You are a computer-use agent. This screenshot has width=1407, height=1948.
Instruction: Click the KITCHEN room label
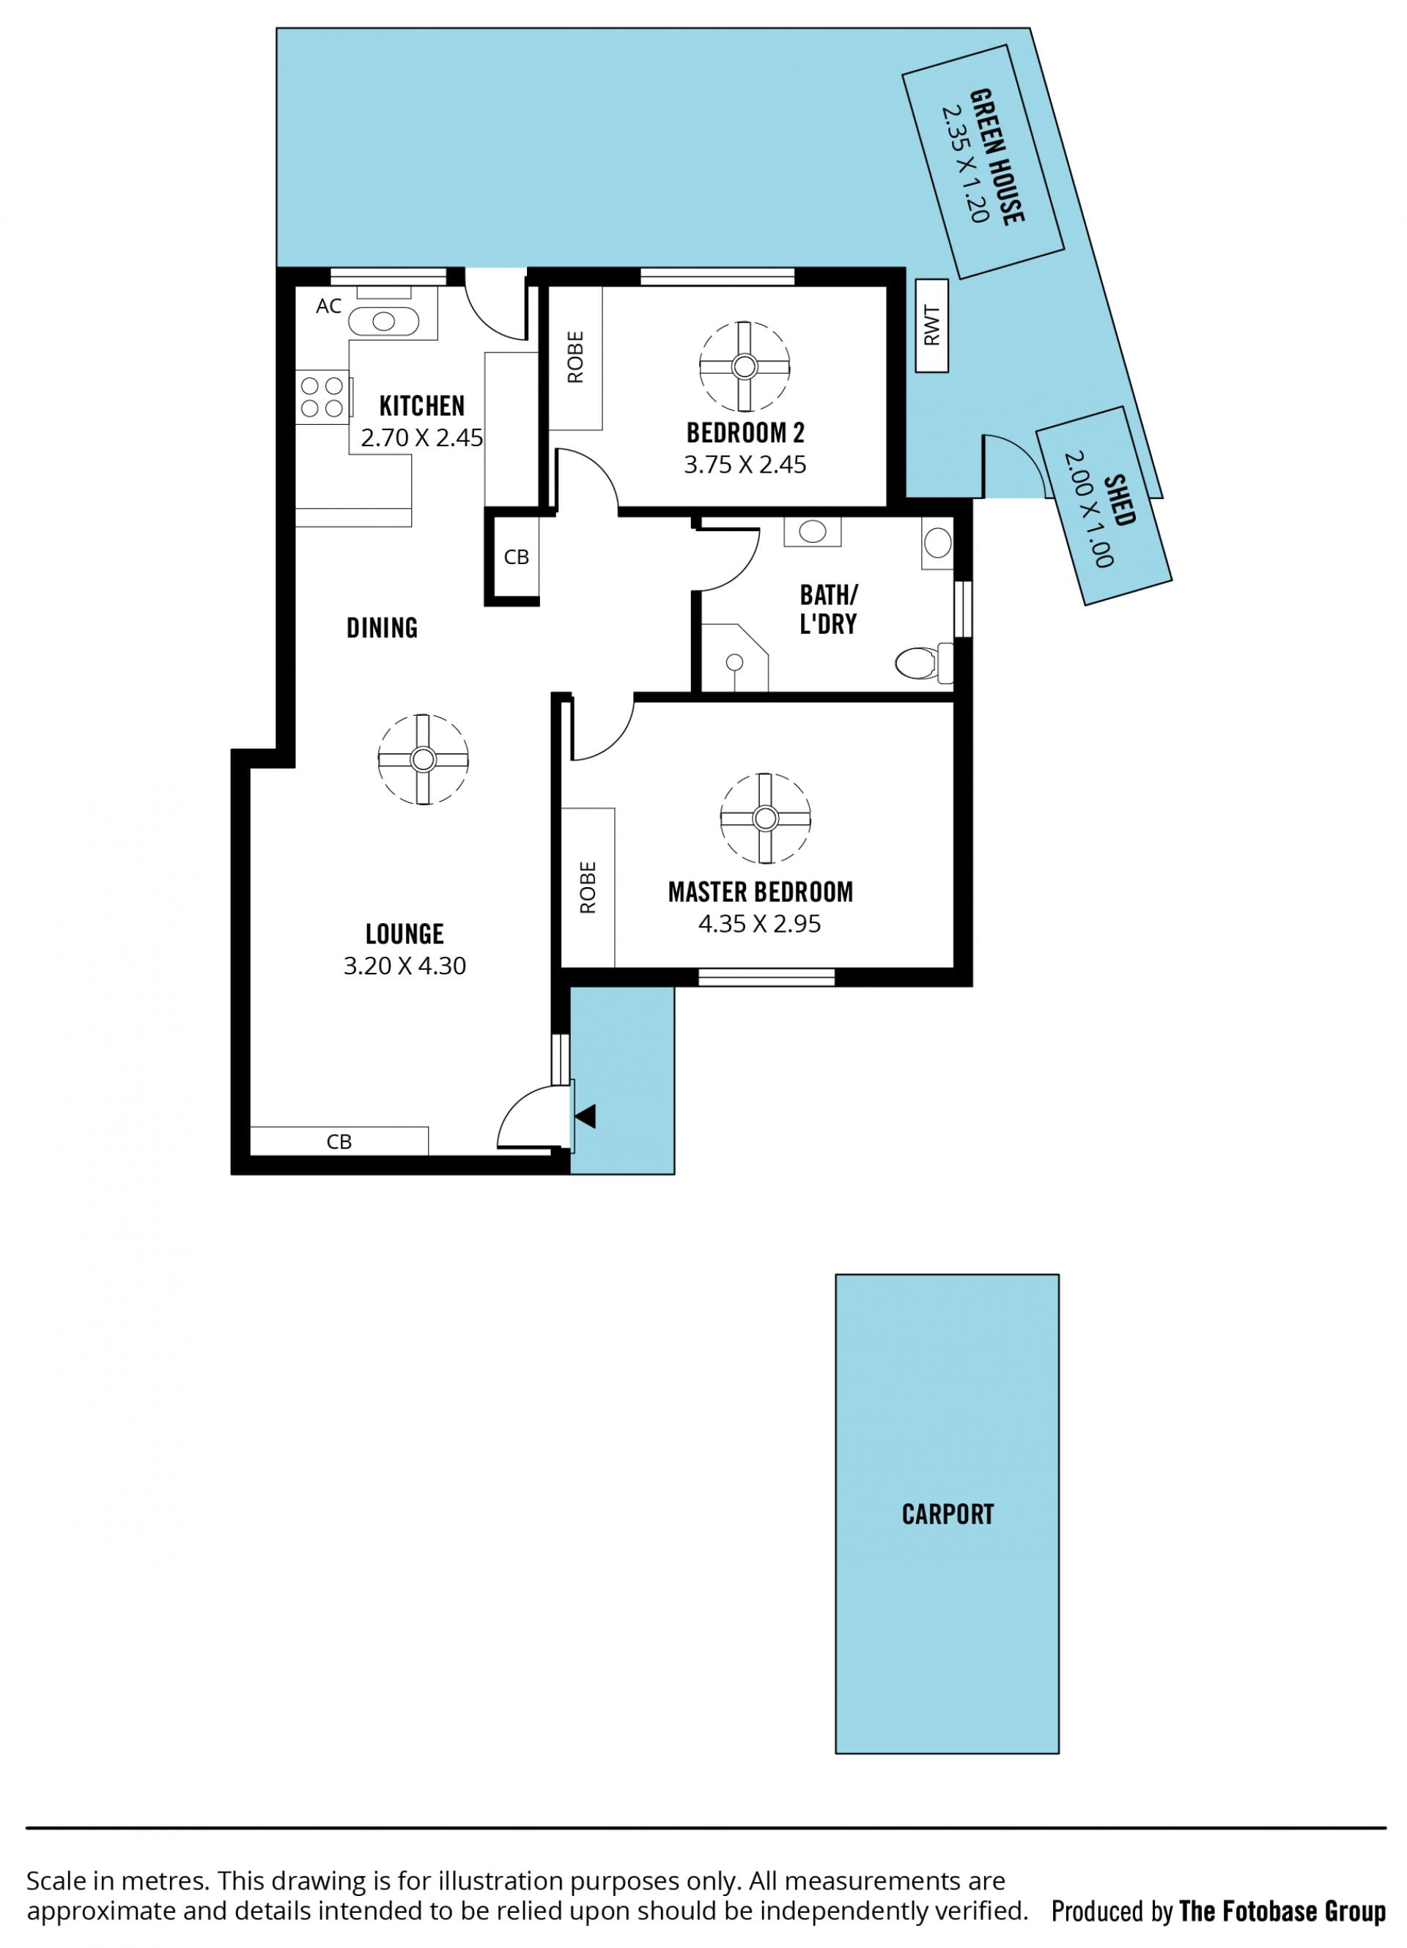click(422, 405)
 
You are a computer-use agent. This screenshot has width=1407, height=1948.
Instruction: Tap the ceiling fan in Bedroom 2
click(744, 367)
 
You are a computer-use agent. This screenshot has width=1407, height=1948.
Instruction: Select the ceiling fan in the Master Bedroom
click(764, 818)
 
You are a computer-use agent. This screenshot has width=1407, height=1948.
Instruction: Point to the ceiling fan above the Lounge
click(423, 759)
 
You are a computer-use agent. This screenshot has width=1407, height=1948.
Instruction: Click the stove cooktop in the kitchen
click(322, 397)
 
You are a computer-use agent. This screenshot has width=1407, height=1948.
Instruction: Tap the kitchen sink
click(383, 321)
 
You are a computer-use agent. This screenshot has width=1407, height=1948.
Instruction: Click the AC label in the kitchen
click(329, 305)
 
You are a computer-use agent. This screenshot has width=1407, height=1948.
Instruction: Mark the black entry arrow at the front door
click(586, 1117)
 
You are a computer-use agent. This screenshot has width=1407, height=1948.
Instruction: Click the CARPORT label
click(948, 1514)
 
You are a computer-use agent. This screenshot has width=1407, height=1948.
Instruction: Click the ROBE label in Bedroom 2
click(575, 358)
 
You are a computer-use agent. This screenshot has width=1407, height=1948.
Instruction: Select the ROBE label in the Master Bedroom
click(588, 887)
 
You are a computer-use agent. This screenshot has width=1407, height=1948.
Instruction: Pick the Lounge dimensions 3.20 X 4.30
click(405, 966)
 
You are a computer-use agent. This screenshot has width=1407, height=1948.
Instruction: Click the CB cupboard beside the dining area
click(516, 557)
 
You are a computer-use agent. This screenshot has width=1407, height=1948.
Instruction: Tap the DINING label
click(383, 628)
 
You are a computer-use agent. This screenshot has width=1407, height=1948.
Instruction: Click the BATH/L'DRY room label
click(829, 609)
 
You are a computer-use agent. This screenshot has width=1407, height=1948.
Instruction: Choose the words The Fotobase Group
click(1282, 1911)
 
